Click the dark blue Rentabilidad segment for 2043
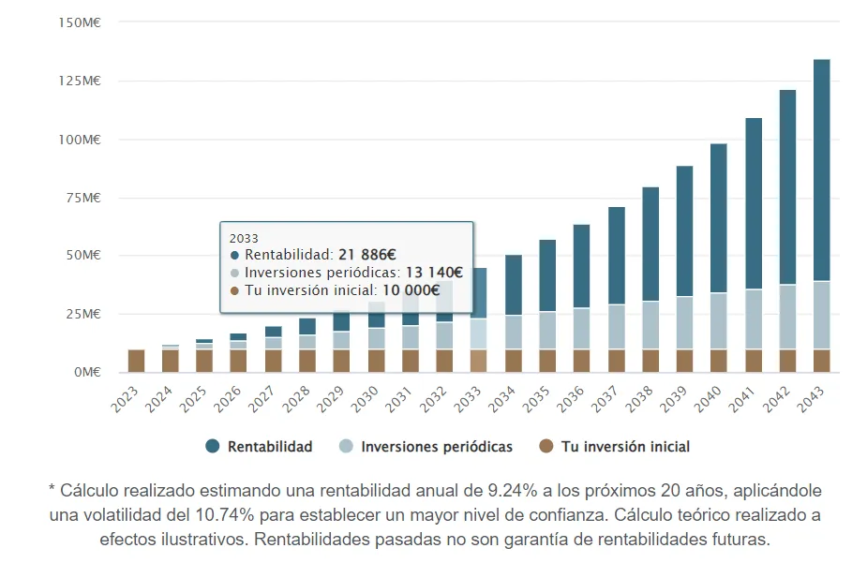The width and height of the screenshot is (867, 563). coord(821,169)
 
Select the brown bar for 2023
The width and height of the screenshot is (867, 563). coord(136,361)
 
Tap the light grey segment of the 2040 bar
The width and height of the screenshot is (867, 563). coord(718,321)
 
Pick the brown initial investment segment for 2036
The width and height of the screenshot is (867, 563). coord(581,361)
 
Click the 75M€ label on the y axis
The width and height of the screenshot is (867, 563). coord(85,197)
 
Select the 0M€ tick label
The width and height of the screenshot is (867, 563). coord(89,372)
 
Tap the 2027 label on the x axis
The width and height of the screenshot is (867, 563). coord(270,399)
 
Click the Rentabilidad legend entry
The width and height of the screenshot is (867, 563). coord(259,447)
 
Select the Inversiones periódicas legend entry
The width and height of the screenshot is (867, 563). coord(426,447)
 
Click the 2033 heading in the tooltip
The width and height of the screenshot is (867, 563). coord(243,238)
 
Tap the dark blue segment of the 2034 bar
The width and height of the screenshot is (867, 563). coord(513,284)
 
